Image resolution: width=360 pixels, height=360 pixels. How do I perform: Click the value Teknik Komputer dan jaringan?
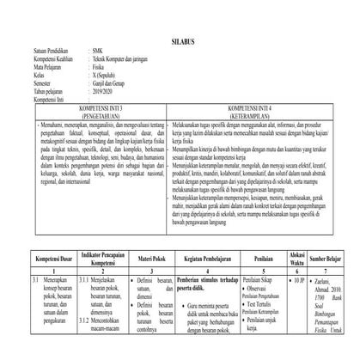coord(130,58)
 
